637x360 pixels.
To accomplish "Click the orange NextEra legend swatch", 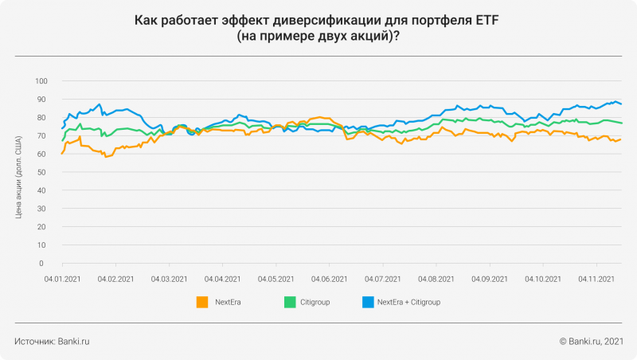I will pyautogui.click(x=202, y=302).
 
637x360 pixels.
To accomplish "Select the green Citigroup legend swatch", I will pyautogui.click(x=291, y=302).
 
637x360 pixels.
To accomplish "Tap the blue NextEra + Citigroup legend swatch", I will pyautogui.click(x=368, y=302).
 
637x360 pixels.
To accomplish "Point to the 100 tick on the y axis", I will pyautogui.click(x=41, y=81).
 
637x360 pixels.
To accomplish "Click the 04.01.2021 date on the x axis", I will pyautogui.click(x=63, y=279).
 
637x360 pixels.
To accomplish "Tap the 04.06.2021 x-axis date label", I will pyautogui.click(x=330, y=279).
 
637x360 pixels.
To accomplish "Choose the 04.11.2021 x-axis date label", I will pyautogui.click(x=597, y=279).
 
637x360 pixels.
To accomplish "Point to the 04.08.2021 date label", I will pyautogui.click(x=436, y=279).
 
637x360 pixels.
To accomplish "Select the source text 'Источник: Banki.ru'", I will pyautogui.click(x=52, y=341).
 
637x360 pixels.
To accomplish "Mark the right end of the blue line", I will pyautogui.click(x=621, y=104).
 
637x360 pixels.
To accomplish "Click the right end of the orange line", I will pyautogui.click(x=621, y=139).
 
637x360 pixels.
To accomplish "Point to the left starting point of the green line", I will pyautogui.click(x=62, y=141).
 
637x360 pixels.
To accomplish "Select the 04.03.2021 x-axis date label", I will pyautogui.click(x=170, y=279).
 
